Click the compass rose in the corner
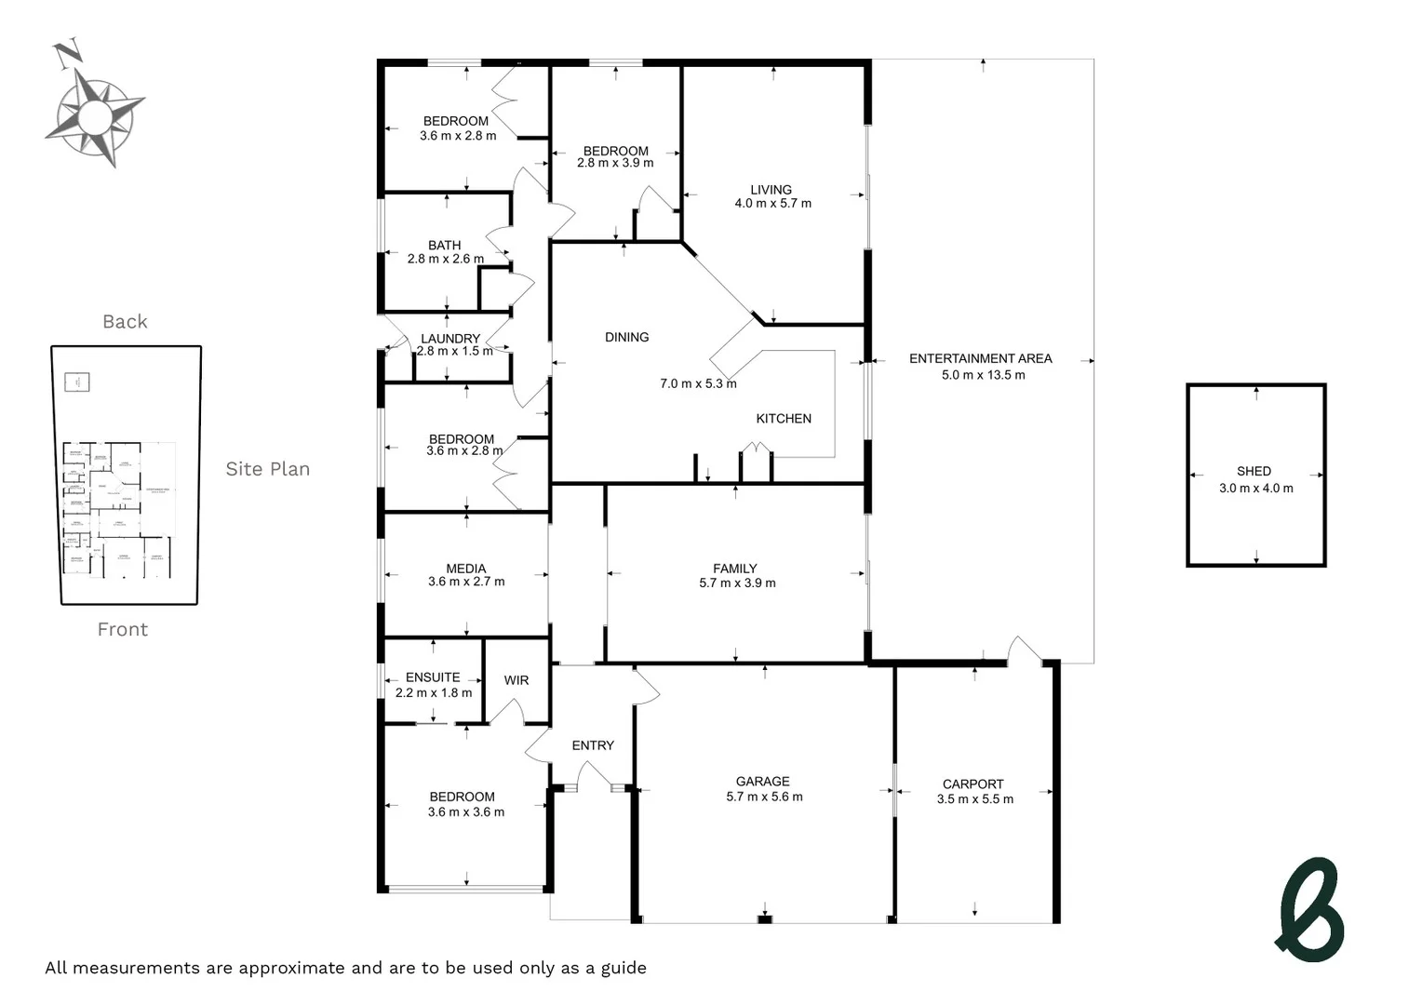(95, 115)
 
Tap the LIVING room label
(771, 190)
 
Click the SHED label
(1254, 471)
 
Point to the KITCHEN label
(783, 419)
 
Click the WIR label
(516, 680)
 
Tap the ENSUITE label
(433, 677)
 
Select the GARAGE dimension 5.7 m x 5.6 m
(764, 797)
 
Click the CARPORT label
(973, 784)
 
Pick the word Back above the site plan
(125, 322)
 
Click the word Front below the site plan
(123, 630)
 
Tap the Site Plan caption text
(267, 469)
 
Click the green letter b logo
(1310, 909)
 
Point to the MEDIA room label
(465, 569)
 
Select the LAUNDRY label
(450, 339)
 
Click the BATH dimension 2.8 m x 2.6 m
(445, 259)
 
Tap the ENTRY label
(593, 745)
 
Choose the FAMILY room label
(734, 569)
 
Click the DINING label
(626, 337)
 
